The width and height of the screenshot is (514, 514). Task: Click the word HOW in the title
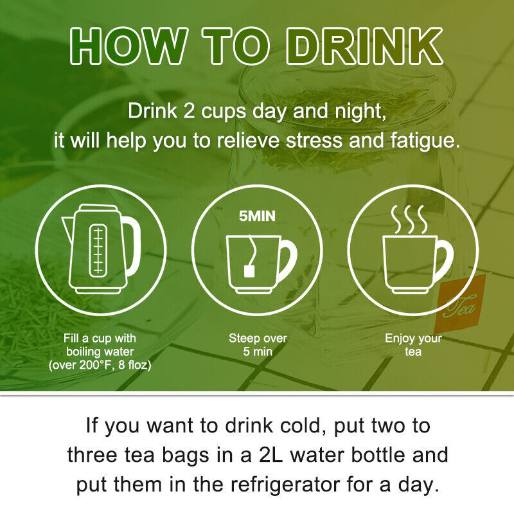click(129, 46)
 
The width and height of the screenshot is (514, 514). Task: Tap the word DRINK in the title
click(364, 46)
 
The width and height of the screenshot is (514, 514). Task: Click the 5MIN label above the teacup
click(258, 217)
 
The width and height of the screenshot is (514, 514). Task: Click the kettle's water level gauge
click(98, 251)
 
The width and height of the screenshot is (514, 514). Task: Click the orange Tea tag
click(461, 303)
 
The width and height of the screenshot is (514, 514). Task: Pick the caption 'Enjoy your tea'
click(413, 344)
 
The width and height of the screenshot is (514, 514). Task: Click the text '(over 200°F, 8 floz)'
click(100, 365)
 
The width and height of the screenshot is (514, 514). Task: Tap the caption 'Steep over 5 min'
click(258, 344)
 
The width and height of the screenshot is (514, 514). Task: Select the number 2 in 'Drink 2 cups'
click(189, 111)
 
